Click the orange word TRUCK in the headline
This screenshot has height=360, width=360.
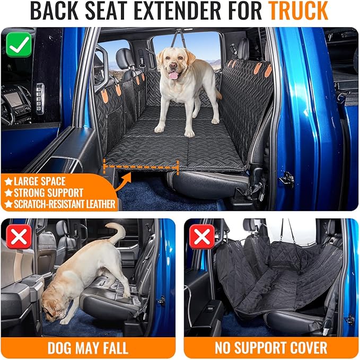point(298,11)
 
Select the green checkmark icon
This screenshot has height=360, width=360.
point(19,45)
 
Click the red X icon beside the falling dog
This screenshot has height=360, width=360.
point(19,236)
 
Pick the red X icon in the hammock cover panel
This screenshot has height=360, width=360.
point(202,236)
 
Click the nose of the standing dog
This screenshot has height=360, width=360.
point(173,66)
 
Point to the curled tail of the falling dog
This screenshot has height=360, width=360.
point(117,232)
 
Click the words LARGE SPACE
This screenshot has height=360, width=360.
point(40,181)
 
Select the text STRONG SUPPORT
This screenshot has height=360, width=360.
point(48,193)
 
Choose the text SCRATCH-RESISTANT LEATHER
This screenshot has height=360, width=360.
point(65,204)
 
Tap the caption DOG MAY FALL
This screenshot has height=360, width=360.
point(87,348)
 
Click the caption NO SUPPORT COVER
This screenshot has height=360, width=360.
point(271,348)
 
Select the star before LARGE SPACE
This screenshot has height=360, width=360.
point(8,182)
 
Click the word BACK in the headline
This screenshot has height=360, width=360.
point(55,11)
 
